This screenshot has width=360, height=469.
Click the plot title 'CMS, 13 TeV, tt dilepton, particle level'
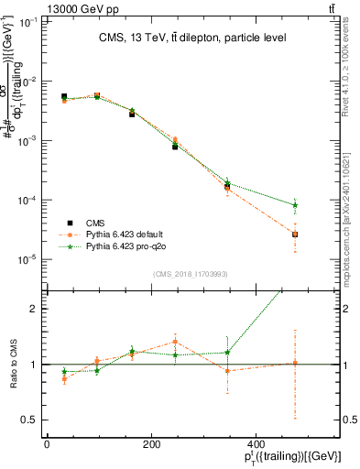(x=192, y=38)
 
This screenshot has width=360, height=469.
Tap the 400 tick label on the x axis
(x=254, y=446)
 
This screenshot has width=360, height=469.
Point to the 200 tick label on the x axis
(x=150, y=446)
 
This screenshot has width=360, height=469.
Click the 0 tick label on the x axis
(x=47, y=446)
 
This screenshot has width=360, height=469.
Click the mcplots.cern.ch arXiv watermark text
(x=346, y=212)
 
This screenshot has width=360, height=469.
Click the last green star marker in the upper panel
(x=295, y=205)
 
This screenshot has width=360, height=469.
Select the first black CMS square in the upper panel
(x=64, y=96)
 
